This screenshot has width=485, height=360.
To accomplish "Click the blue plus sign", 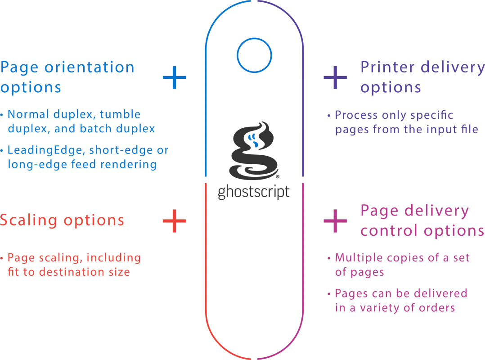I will (x=174, y=78).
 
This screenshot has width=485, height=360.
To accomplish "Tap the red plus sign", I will (x=174, y=220).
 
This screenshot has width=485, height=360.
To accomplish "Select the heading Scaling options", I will (x=63, y=220).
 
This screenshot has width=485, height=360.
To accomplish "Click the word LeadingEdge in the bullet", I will (x=36, y=150).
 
